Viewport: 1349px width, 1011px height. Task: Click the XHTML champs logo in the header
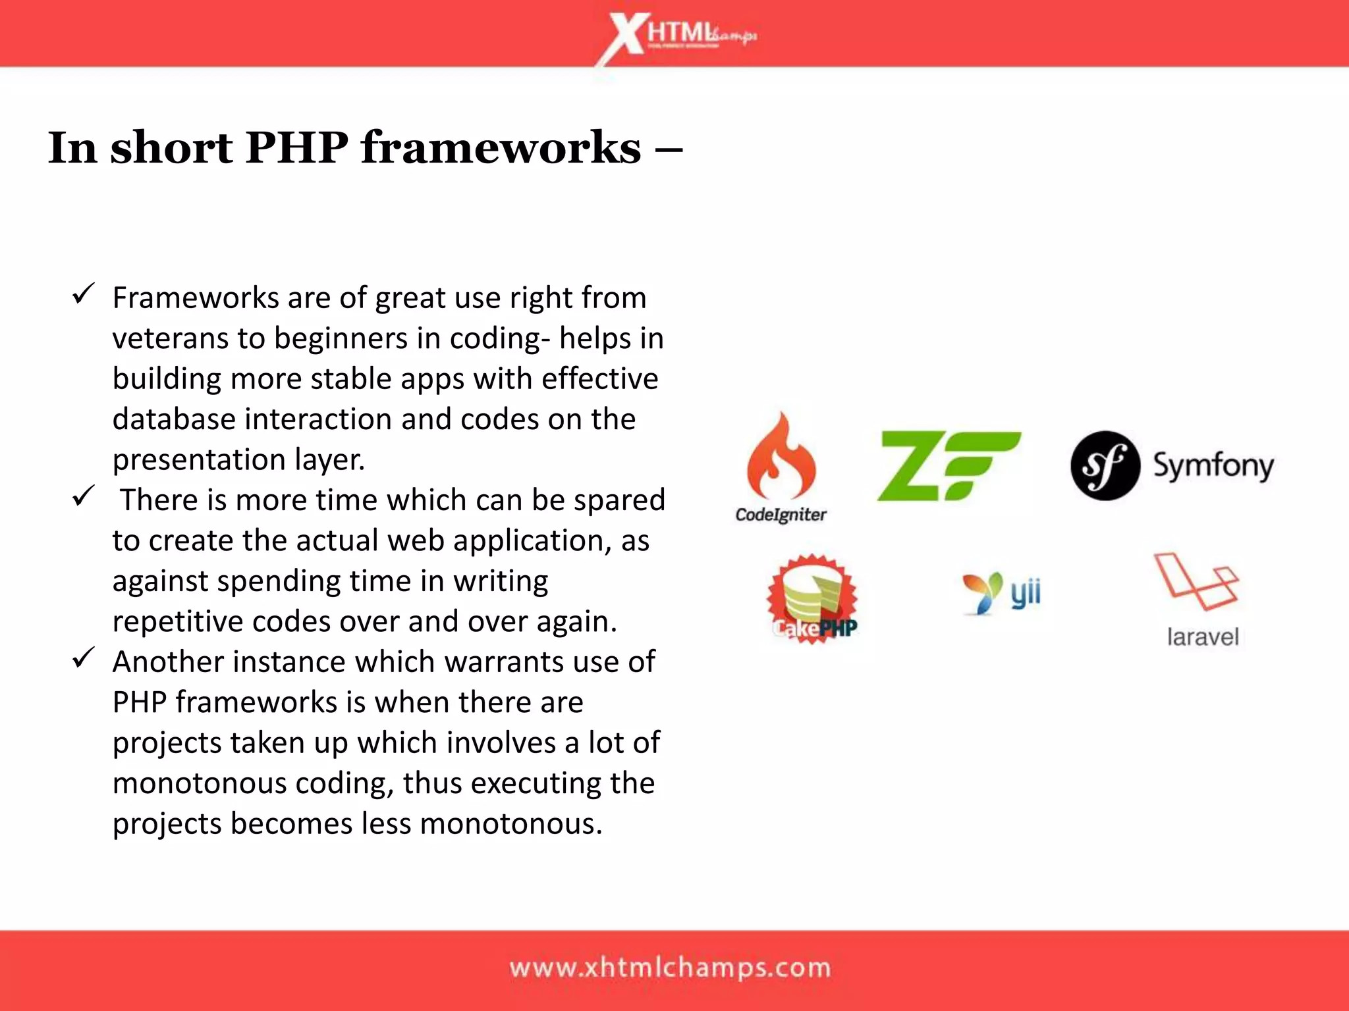pyautogui.click(x=678, y=36)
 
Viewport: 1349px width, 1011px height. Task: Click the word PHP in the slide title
pyautogui.click(x=296, y=147)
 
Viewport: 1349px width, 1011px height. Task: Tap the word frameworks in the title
pyautogui.click(x=501, y=147)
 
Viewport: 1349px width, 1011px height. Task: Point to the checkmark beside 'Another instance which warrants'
pyautogui.click(x=84, y=658)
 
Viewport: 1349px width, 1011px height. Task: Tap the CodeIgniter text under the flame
pyautogui.click(x=781, y=515)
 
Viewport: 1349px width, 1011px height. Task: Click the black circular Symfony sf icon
pyautogui.click(x=1105, y=465)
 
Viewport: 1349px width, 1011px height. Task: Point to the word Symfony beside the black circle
pyautogui.click(x=1213, y=466)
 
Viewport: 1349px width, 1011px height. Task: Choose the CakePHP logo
pyautogui.click(x=813, y=598)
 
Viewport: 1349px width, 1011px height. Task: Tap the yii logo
pyautogui.click(x=1001, y=592)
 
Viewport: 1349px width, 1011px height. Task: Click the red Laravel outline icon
pyautogui.click(x=1195, y=581)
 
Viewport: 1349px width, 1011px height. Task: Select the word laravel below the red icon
pyautogui.click(x=1203, y=637)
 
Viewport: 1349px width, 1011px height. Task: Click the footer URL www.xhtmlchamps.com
pyautogui.click(x=670, y=968)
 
